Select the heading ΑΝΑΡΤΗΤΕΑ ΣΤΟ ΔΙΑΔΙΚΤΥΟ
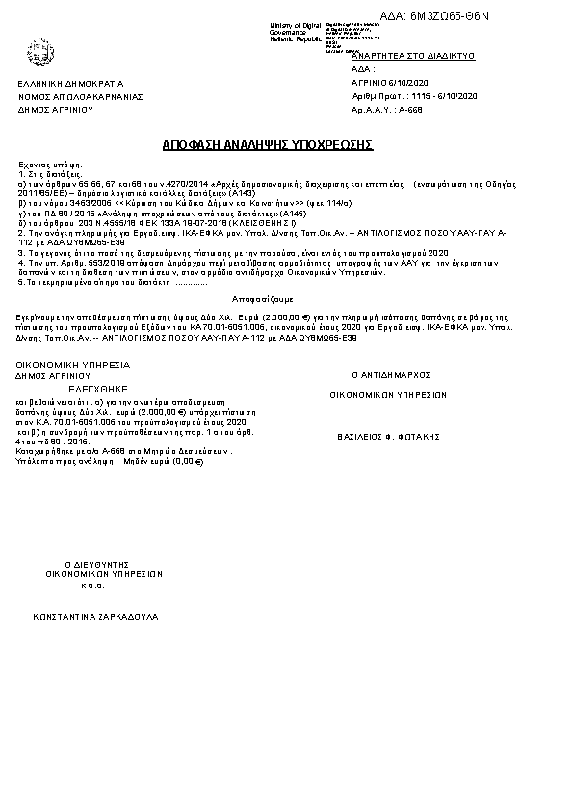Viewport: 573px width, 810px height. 414,57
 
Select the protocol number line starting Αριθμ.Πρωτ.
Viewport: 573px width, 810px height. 415,97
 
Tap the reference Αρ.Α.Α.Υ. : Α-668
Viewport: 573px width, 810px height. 384,111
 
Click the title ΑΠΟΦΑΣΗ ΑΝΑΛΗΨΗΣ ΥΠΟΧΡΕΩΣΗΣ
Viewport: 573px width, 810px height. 267,144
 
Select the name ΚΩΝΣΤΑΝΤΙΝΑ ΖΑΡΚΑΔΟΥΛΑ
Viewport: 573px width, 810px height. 95,615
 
